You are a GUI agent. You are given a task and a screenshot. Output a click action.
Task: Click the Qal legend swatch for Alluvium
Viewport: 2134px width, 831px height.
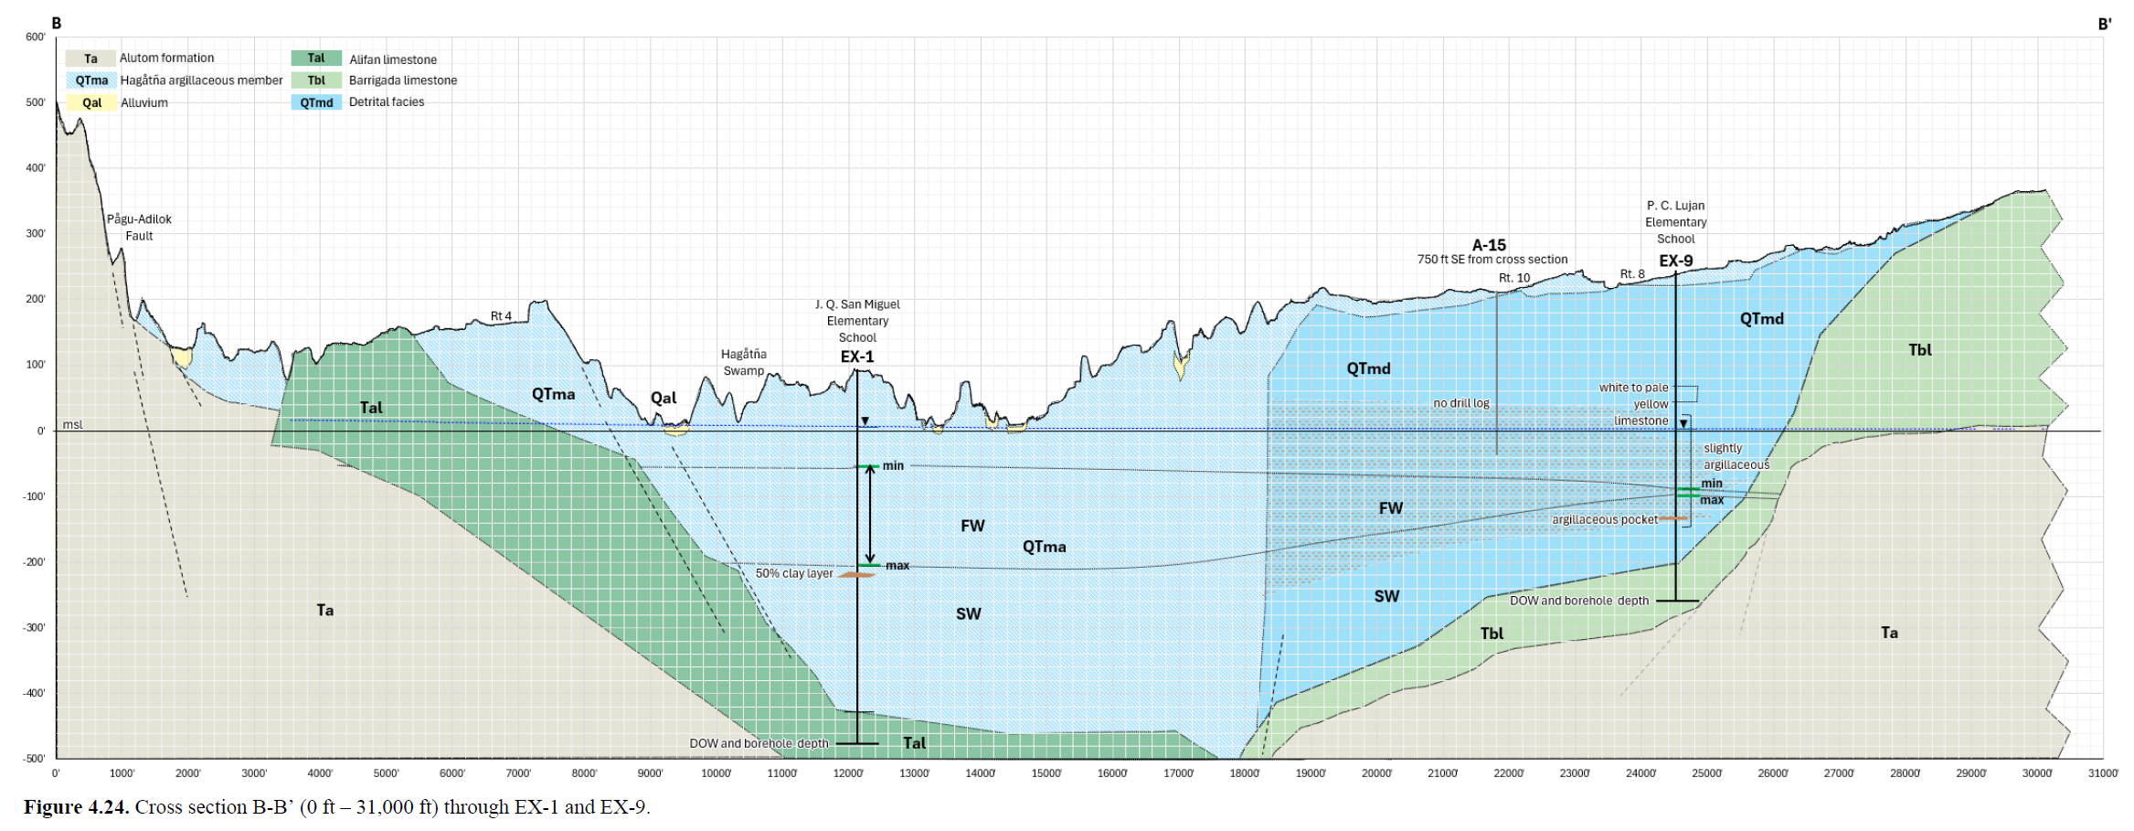pos(91,102)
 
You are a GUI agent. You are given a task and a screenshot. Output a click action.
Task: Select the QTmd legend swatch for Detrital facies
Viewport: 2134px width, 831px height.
pos(316,102)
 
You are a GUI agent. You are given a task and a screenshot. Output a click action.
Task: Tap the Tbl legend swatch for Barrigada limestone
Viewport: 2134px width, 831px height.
pos(316,80)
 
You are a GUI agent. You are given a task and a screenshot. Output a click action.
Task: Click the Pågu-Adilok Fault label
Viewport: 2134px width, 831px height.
pos(139,228)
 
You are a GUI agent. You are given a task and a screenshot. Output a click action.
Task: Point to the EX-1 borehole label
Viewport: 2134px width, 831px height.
pos(857,357)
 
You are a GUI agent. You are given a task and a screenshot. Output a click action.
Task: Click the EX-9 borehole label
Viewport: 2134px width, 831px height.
pos(1676,261)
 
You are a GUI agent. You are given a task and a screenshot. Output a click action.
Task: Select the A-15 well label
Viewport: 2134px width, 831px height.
pos(1489,245)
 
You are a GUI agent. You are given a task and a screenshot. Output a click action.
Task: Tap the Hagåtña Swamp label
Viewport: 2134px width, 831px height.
pos(744,362)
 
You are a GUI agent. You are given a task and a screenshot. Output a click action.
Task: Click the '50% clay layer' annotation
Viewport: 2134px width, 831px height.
pos(794,574)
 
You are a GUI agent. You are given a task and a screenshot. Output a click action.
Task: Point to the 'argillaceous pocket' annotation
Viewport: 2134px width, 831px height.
pos(1605,519)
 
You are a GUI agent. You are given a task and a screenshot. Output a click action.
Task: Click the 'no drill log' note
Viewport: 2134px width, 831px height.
pos(1461,403)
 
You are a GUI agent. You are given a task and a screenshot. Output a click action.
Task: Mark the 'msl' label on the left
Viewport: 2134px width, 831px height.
pos(72,424)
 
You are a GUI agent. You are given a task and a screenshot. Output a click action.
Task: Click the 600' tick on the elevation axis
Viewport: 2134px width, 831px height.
pos(36,37)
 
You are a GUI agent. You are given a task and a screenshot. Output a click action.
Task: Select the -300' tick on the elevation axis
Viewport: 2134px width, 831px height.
pos(34,627)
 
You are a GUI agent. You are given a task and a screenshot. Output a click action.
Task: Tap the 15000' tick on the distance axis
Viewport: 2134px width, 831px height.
pos(1046,773)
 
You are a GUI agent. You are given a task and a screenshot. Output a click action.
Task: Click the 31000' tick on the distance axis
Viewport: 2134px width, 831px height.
pos(2103,773)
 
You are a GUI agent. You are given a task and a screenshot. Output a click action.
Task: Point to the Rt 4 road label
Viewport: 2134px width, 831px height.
pos(501,316)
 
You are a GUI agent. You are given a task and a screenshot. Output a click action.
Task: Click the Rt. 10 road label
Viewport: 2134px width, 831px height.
pos(1514,278)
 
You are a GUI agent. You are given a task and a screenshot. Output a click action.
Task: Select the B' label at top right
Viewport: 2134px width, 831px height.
pos(2104,25)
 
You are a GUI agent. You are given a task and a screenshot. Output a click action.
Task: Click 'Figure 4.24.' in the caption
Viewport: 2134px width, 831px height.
pos(77,807)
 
